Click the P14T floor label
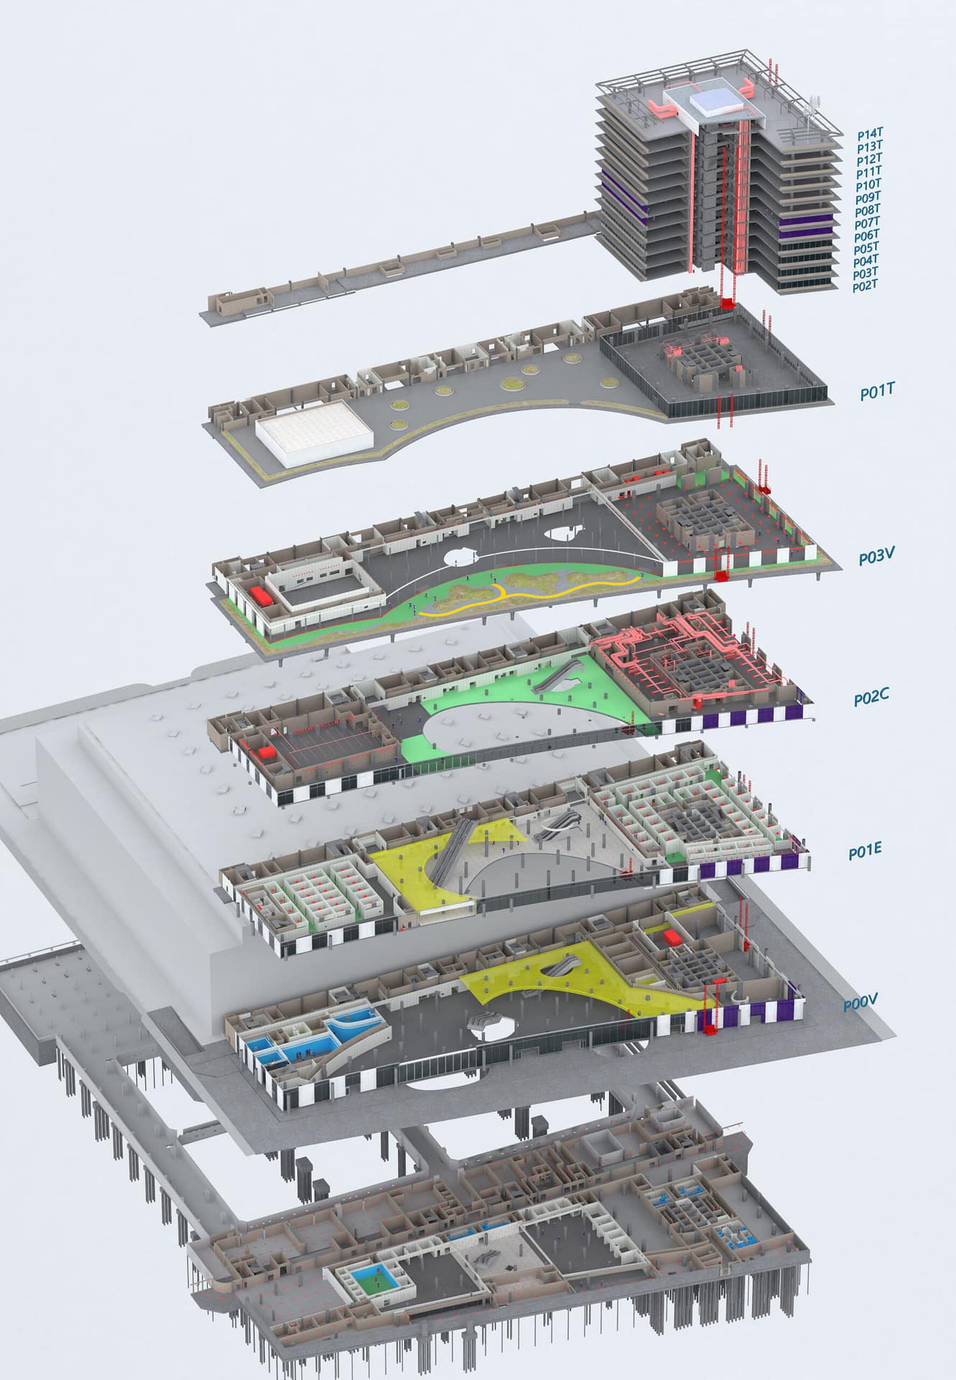[870, 134]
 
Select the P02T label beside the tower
[865, 287]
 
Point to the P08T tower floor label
[868, 211]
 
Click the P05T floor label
[867, 249]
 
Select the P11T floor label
[869, 172]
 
